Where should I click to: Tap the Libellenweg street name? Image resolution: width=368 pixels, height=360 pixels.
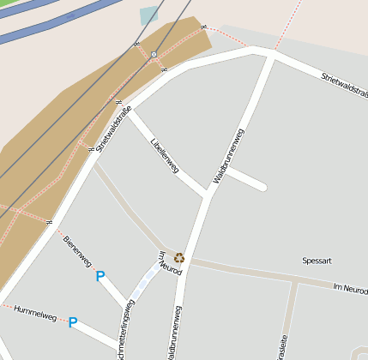(164, 155)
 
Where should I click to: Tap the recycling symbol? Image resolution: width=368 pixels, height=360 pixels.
(179, 257)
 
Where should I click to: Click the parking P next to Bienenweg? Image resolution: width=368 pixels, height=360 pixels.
(100, 276)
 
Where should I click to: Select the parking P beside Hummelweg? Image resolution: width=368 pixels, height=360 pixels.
(73, 322)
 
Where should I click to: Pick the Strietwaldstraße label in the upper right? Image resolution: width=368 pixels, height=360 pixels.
(345, 85)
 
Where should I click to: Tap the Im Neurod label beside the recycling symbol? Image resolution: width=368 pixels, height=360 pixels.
(170, 263)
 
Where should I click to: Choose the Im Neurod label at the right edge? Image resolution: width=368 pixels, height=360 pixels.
(350, 291)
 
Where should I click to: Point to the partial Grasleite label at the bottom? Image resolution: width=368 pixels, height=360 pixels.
(282, 347)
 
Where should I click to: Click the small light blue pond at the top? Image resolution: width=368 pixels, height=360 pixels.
(149, 15)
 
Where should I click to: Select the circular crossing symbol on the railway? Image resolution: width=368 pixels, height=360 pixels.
(154, 55)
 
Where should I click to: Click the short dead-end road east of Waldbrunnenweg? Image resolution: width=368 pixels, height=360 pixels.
(246, 179)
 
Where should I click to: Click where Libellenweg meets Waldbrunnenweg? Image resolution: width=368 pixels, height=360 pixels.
(208, 194)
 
